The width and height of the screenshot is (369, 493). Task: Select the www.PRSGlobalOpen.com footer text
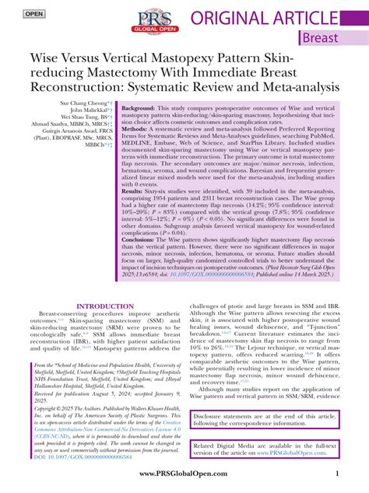coord(184,475)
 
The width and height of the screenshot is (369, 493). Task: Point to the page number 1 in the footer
coord(336,475)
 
